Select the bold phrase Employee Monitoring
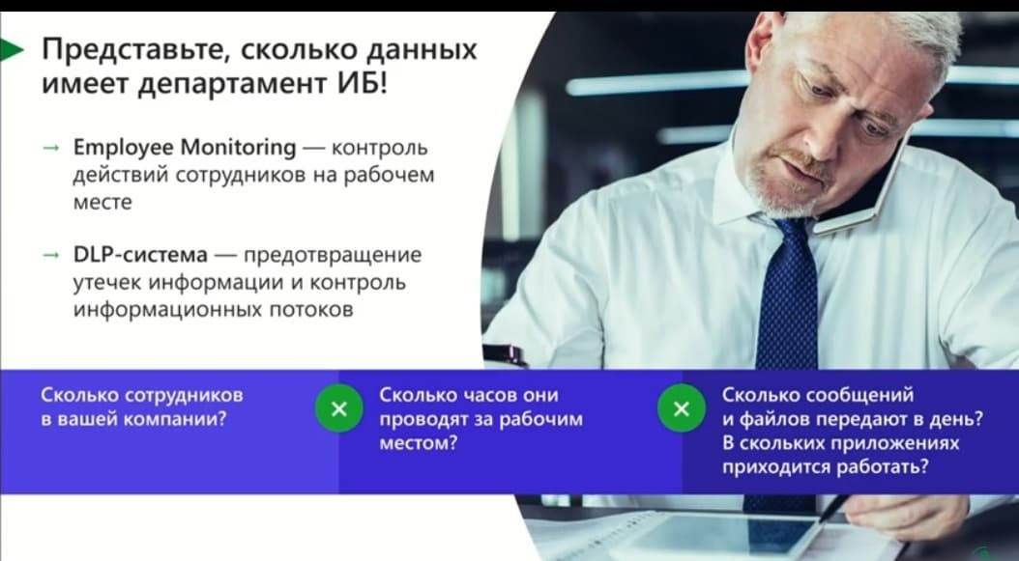point(185,148)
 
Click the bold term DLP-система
point(140,255)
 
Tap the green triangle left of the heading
point(11,50)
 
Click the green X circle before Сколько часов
point(339,408)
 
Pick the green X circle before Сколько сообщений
point(681,408)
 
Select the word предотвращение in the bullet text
point(332,255)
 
